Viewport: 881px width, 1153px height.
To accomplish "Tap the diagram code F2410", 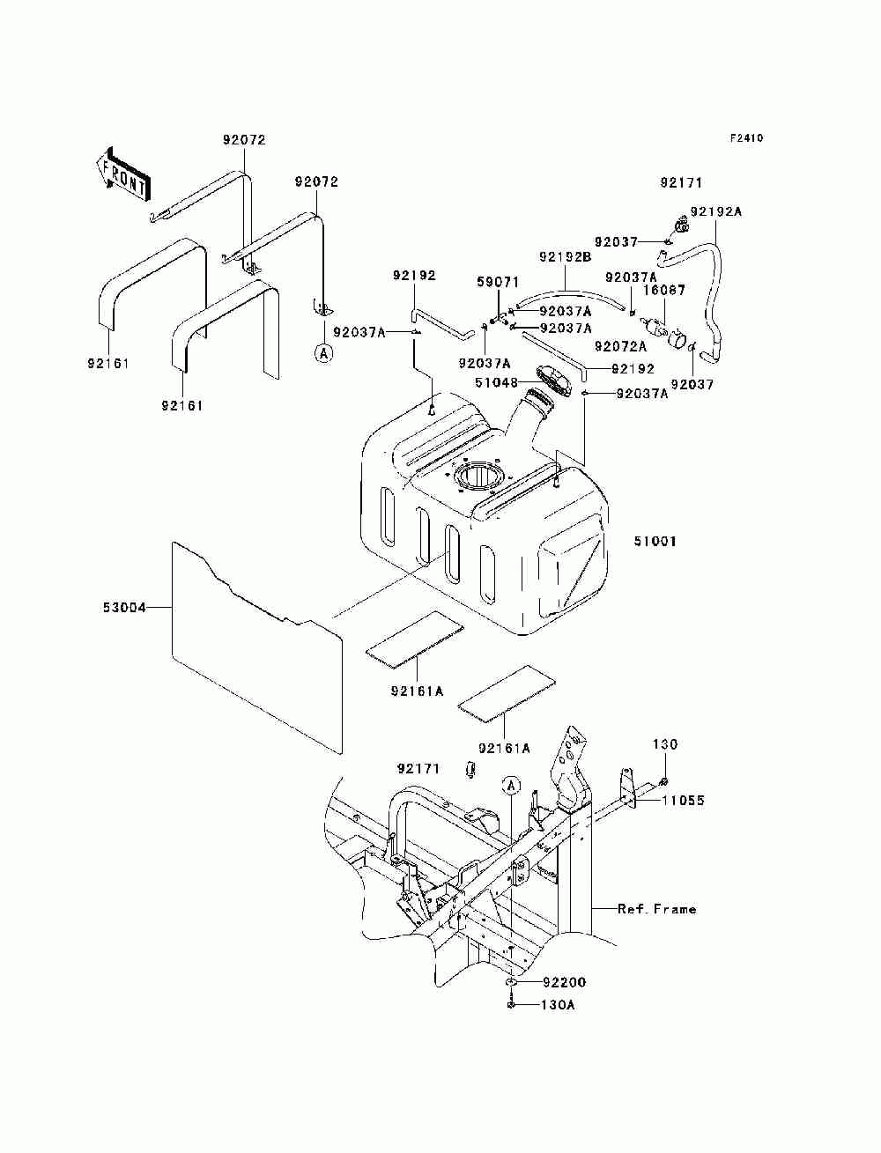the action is [745, 138].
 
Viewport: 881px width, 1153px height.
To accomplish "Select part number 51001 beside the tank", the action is [655, 541].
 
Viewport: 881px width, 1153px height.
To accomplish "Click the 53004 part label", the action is [124, 608].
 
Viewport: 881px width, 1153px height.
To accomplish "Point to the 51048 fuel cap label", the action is [497, 382].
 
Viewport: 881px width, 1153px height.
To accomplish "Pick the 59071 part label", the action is [498, 282].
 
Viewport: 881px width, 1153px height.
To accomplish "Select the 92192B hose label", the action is [566, 257].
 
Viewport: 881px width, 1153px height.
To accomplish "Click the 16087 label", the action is [664, 290].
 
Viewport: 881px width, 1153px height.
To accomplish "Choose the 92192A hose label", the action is [715, 211].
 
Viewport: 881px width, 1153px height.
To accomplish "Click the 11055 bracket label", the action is [683, 800].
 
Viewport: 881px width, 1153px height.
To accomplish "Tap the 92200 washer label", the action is [564, 982].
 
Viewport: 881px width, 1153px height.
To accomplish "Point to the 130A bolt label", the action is [558, 1005].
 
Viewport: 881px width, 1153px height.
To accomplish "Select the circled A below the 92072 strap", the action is [323, 353].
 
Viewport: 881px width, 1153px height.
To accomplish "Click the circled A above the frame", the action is [511, 786].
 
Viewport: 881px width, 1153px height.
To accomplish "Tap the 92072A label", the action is [620, 346].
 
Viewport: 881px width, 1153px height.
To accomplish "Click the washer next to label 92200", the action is [511, 982].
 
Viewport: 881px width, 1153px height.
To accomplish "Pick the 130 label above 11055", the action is [665, 743].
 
